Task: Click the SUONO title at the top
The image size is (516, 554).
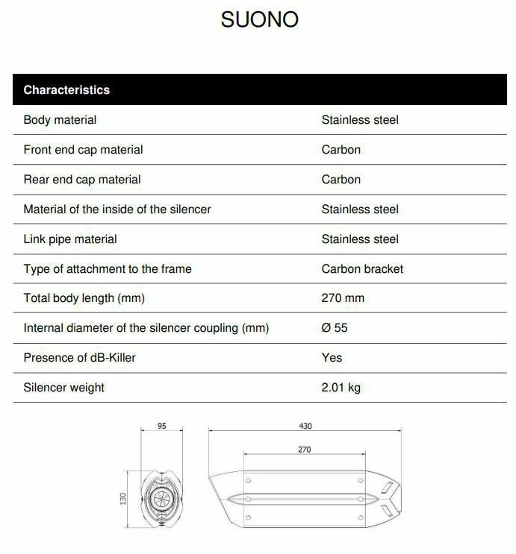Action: click(x=259, y=19)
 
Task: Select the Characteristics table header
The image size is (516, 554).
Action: click(x=66, y=90)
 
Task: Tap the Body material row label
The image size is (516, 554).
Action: click(x=60, y=119)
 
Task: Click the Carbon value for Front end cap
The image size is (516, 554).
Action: click(x=341, y=149)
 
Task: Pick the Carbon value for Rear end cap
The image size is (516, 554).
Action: click(x=341, y=179)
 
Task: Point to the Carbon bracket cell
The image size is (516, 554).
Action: click(x=362, y=268)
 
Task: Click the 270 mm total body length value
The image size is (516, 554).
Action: click(x=343, y=298)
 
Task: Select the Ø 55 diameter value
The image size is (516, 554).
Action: click(x=335, y=328)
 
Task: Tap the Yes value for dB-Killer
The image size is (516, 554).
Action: click(x=332, y=358)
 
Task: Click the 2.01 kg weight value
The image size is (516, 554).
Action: click(x=341, y=388)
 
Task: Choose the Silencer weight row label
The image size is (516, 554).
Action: click(x=64, y=388)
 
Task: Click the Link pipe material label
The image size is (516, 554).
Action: click(x=70, y=239)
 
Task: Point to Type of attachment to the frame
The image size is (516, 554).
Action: click(x=108, y=268)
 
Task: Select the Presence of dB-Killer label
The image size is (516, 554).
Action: click(x=80, y=358)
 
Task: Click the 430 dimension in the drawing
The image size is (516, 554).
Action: click(x=305, y=426)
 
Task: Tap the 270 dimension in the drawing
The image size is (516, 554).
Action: click(x=304, y=450)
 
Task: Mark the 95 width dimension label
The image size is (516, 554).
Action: click(x=162, y=426)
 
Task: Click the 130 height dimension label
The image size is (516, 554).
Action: click(x=124, y=497)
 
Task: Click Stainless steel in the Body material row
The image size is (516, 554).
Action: click(x=360, y=119)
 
